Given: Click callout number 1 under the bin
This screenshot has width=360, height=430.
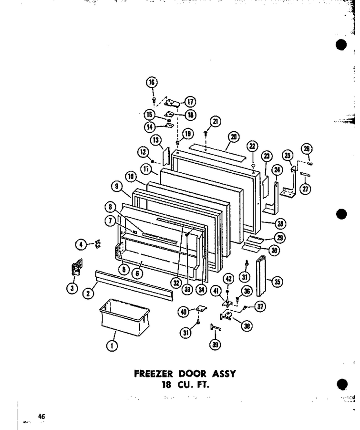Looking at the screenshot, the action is (x=112, y=346).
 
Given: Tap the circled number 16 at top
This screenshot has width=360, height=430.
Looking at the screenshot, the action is (x=152, y=82).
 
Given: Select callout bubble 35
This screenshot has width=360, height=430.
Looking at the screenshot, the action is (x=277, y=282).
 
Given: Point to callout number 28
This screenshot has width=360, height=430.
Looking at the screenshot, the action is (x=280, y=224).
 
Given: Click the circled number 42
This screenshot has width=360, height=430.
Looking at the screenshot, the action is (x=229, y=279).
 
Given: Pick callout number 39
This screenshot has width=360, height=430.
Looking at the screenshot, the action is (x=216, y=345).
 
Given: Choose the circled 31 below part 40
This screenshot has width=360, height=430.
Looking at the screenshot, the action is (x=186, y=333).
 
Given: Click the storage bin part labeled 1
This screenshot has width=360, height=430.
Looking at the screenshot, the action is (x=124, y=315).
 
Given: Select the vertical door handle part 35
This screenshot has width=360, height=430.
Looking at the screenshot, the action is (x=261, y=275).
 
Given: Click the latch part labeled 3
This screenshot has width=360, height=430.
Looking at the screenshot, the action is (x=76, y=267).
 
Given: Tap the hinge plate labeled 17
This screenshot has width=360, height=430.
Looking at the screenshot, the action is (x=172, y=103).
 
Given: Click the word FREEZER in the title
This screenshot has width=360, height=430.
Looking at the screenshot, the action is (x=154, y=374).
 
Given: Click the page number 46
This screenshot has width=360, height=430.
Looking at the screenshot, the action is (x=41, y=416).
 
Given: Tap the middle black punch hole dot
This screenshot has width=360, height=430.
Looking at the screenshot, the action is (x=341, y=214).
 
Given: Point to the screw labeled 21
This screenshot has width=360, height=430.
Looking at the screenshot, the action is (x=205, y=134).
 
